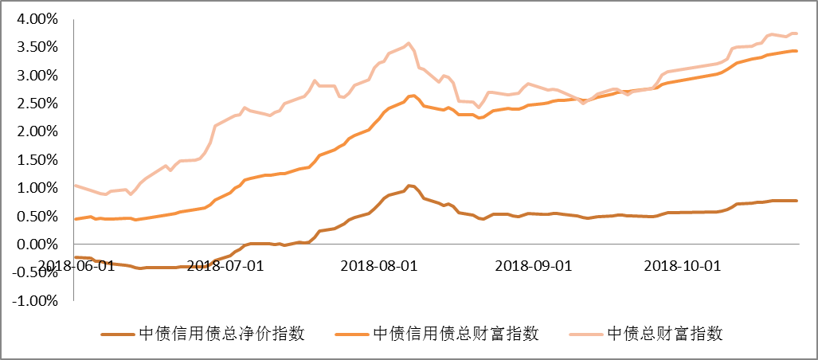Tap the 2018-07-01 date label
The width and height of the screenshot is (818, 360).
[225, 264]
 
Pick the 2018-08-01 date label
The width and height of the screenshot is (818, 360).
[378, 264]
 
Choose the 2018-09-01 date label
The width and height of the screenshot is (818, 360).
[533, 264]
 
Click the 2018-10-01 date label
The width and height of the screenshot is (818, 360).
[683, 264]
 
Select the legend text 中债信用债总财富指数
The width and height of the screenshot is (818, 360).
[456, 334]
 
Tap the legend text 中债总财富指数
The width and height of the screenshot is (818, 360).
[665, 334]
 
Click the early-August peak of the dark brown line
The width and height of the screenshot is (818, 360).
[409, 186]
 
